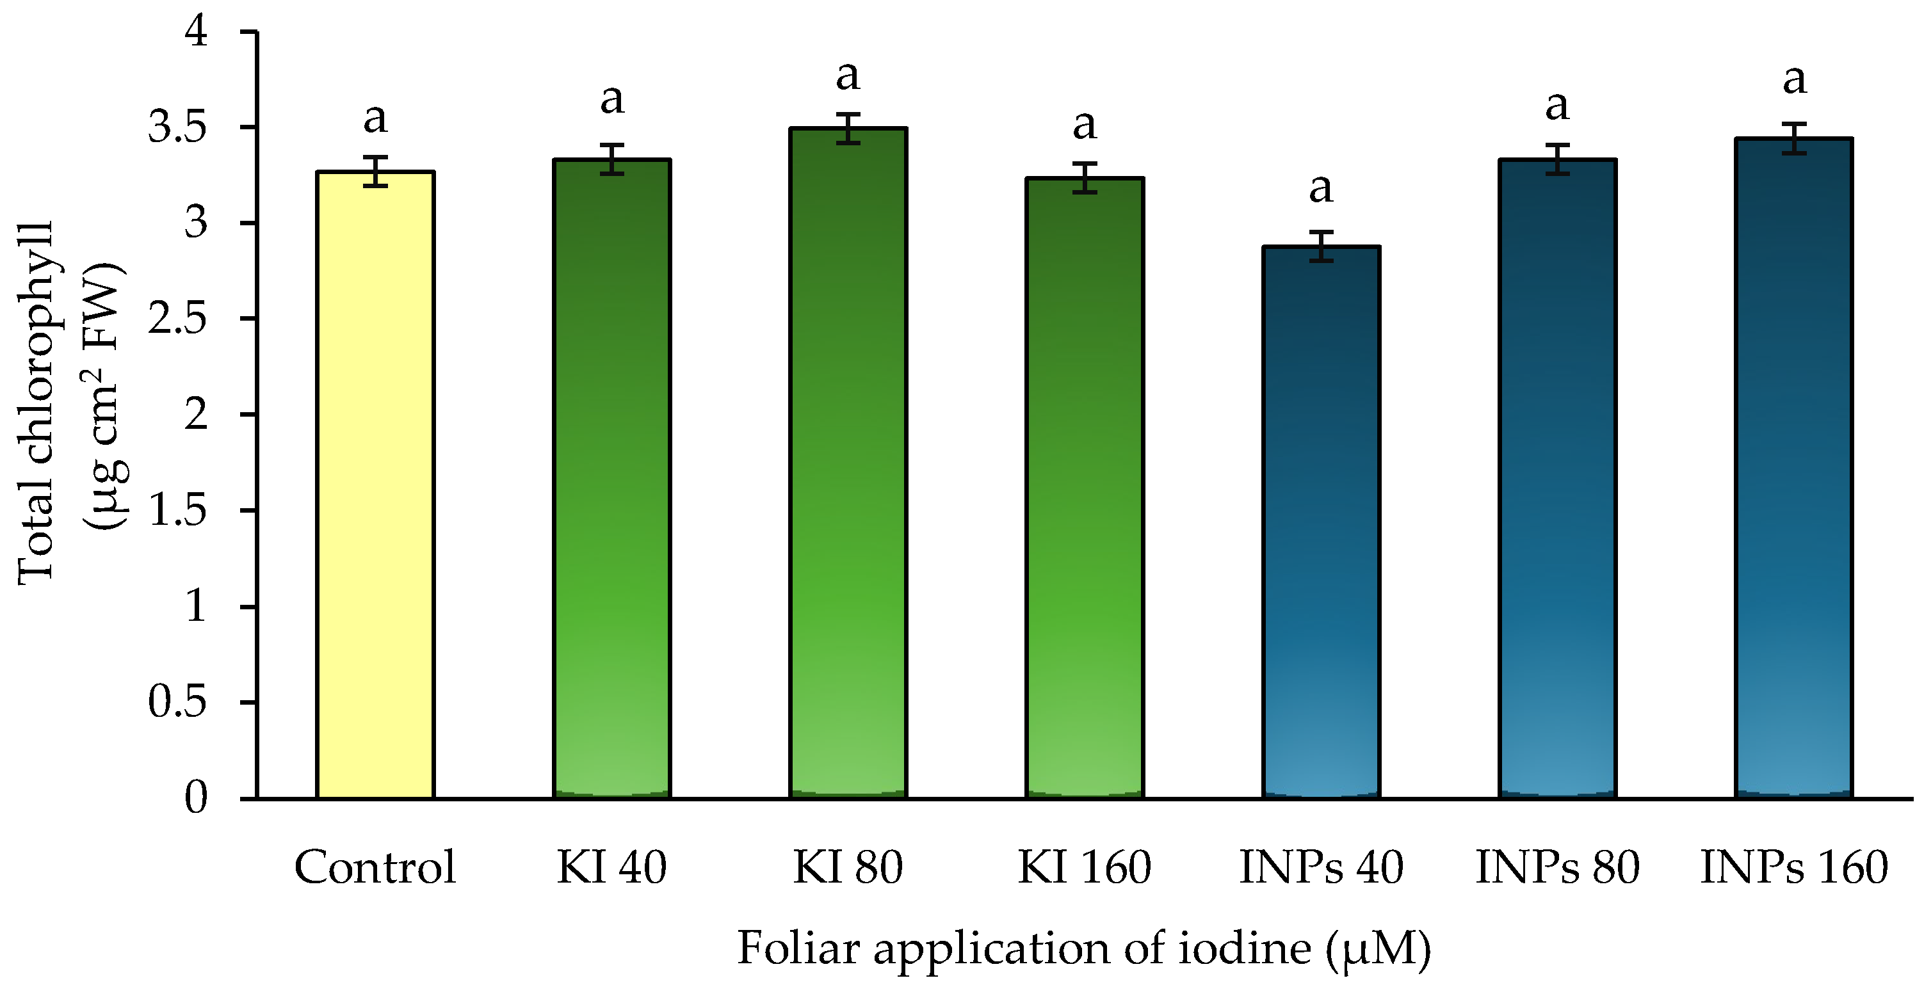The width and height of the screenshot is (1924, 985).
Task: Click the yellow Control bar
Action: [375, 485]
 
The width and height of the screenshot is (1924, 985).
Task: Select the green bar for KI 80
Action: [848, 463]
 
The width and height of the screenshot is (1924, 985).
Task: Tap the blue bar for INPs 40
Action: [1320, 523]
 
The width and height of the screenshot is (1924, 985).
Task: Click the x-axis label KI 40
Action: [611, 868]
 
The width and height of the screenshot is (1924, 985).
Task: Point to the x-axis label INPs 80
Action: [1557, 868]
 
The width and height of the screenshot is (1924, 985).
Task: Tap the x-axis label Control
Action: [375, 868]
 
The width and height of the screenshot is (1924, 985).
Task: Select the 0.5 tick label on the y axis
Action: [177, 703]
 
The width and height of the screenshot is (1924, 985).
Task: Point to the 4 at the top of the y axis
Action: [197, 32]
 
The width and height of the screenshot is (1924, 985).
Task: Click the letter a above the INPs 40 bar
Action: [1320, 188]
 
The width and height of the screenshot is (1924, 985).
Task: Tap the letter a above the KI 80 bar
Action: [848, 76]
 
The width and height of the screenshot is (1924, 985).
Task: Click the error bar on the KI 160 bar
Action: [1085, 178]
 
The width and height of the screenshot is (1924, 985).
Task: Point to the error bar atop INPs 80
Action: [1557, 159]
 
